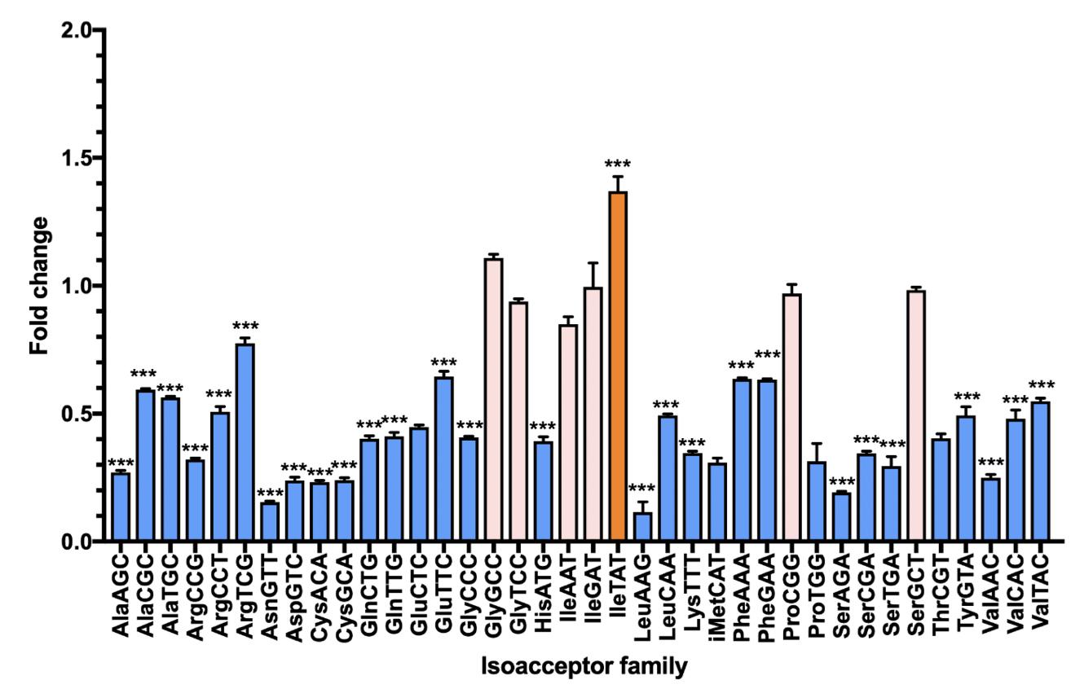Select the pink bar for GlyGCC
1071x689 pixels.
[x=494, y=399]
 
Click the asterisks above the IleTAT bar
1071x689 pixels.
[x=618, y=165]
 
